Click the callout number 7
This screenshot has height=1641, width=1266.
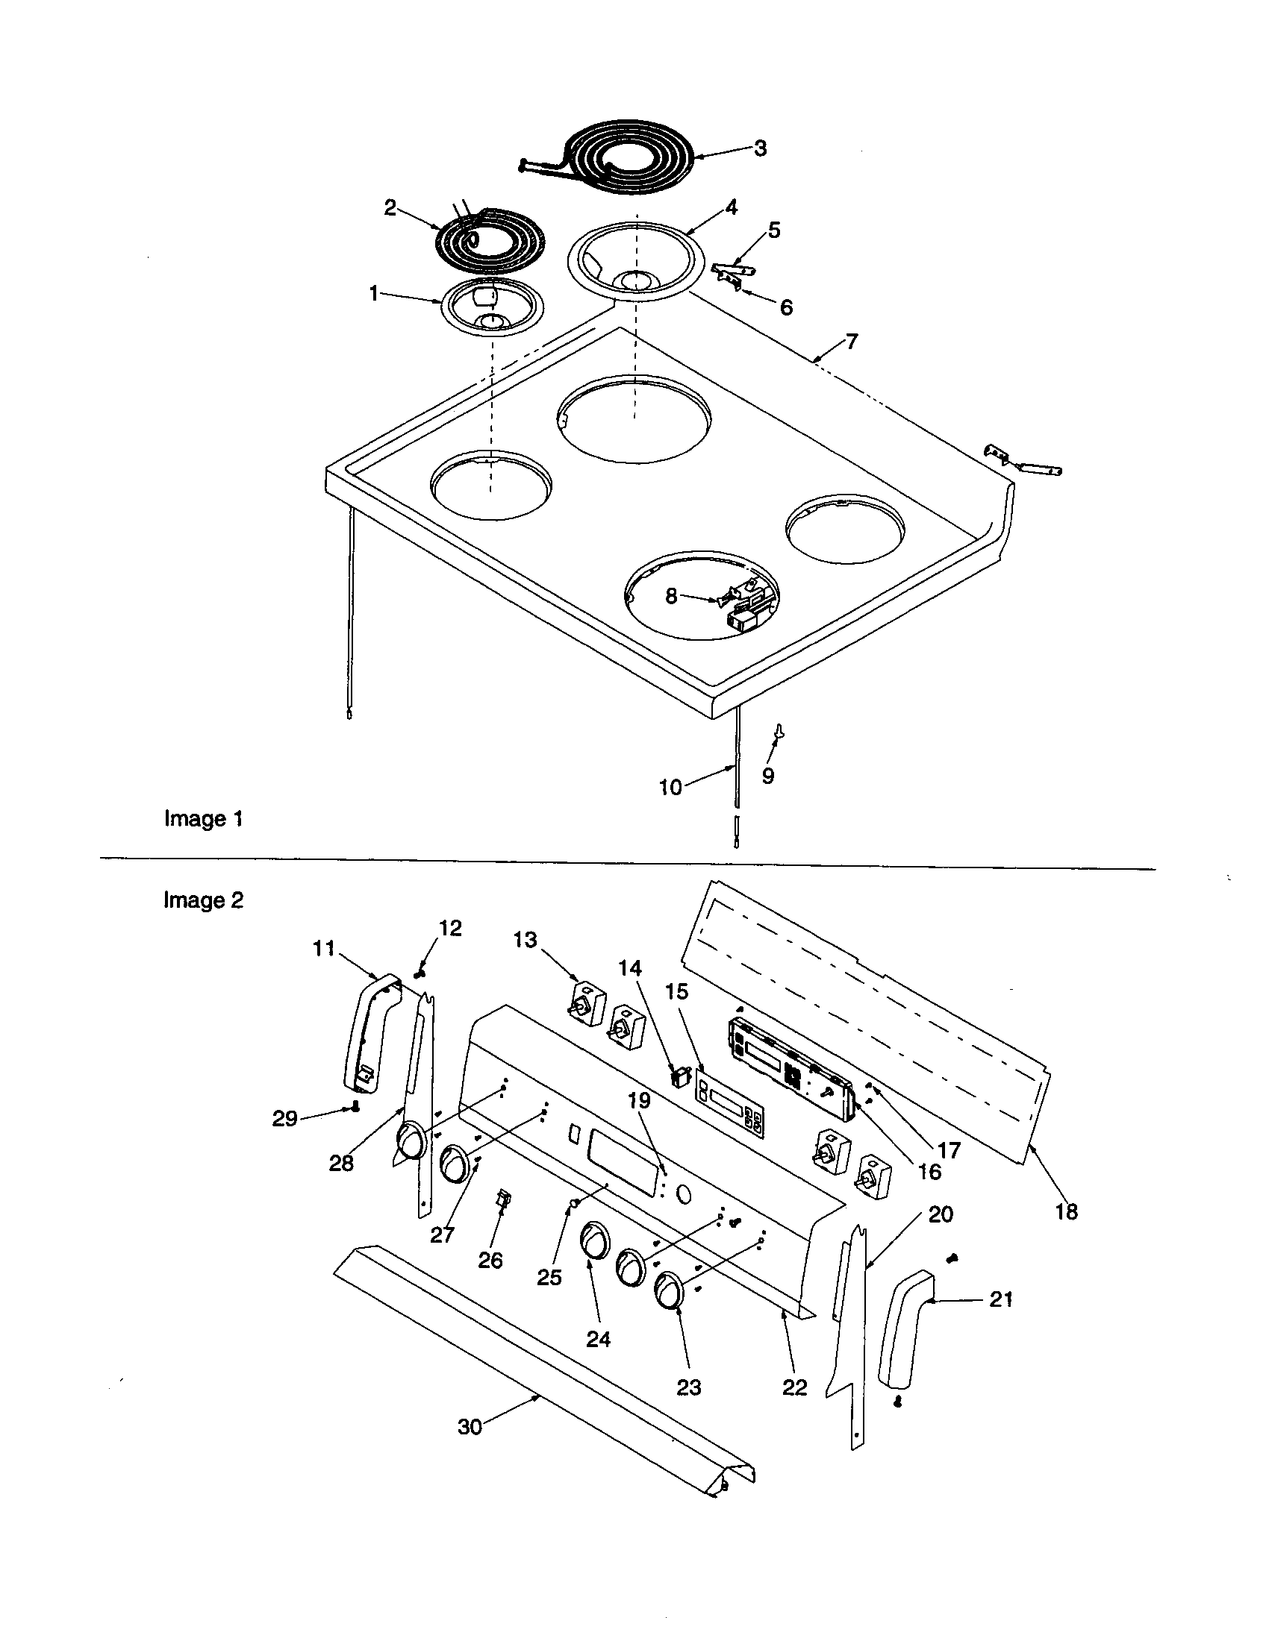pos(851,342)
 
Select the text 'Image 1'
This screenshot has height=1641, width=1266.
pos(204,818)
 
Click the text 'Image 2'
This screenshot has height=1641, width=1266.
pos(204,900)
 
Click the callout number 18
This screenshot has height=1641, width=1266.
pos(1066,1211)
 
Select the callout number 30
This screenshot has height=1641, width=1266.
pos(470,1426)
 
